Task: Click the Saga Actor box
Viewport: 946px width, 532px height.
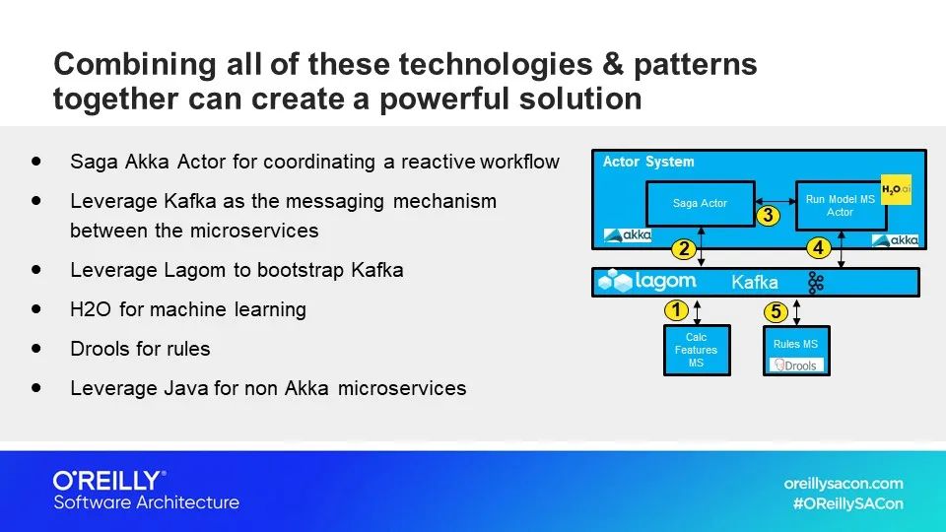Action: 700,203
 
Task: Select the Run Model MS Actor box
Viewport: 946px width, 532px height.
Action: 840,206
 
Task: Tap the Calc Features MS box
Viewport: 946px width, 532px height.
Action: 697,351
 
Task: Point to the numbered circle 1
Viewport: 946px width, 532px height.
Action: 675,310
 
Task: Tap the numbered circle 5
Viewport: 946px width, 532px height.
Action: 776,312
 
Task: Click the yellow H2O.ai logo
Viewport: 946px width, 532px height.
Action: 896,189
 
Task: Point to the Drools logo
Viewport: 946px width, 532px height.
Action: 797,366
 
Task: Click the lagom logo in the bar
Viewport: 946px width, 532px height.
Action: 647,282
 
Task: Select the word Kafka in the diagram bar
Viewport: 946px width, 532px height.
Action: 755,283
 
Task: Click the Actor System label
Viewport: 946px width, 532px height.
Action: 648,162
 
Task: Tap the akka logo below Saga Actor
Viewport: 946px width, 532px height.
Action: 628,236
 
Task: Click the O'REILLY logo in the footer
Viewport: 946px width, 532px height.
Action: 108,481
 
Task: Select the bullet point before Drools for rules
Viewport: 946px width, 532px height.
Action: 37,349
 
